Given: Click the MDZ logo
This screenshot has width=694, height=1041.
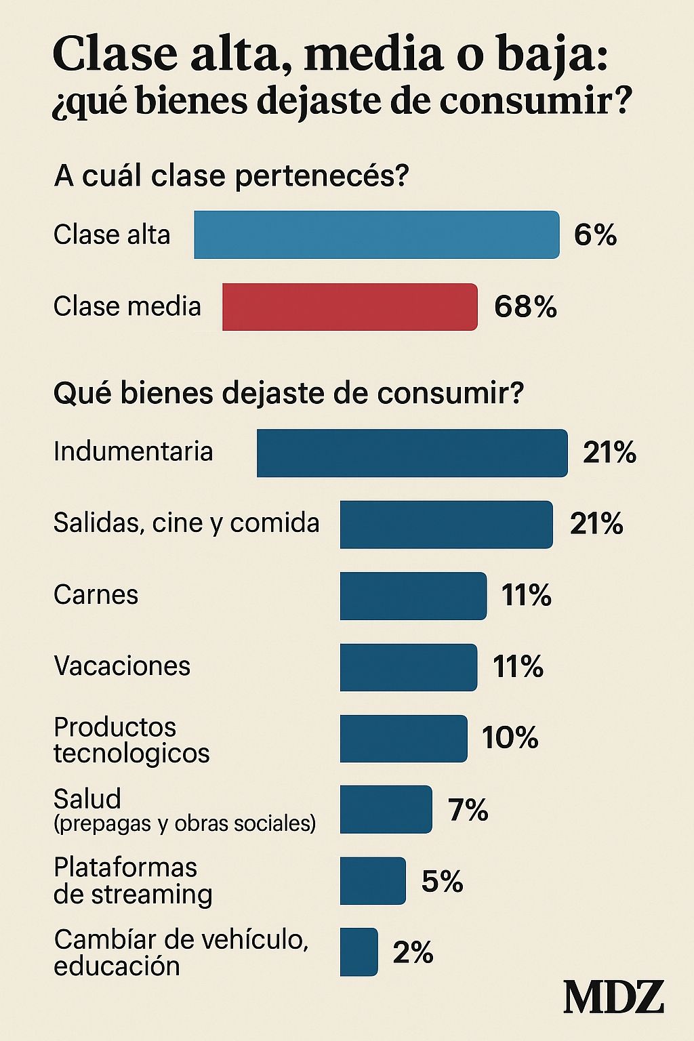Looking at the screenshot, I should point(613,997).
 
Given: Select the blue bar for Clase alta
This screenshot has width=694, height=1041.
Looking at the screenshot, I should point(377,235).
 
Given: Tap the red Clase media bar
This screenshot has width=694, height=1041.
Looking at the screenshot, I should point(350,307).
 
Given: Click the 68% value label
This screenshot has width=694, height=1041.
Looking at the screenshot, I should point(525,307).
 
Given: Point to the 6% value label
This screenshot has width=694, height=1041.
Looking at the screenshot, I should point(595,235).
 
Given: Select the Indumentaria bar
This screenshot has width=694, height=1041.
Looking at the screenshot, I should point(412,453).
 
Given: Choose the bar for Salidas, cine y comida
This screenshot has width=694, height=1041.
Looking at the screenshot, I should point(446,525).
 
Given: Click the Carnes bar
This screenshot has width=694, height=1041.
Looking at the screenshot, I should point(413,596).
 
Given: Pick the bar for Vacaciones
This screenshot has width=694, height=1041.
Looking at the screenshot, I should point(408,668).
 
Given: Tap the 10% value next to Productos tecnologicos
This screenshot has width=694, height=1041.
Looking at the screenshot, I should point(510,738).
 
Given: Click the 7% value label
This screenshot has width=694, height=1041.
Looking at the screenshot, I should point(468,810).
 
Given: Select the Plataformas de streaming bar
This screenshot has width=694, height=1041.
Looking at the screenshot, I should point(373,881).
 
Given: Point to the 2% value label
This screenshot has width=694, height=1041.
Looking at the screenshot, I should point(413,953).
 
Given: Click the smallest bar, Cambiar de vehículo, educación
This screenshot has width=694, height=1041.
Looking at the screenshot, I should point(359,952).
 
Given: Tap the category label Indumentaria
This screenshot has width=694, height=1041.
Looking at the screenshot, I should point(133,451).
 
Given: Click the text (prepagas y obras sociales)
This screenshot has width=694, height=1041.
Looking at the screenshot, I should point(184,823).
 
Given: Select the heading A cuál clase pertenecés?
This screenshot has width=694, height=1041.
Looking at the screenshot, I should point(232,176).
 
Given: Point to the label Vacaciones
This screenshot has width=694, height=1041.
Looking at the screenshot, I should point(122,666).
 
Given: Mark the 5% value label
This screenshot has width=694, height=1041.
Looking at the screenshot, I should point(442,881).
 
